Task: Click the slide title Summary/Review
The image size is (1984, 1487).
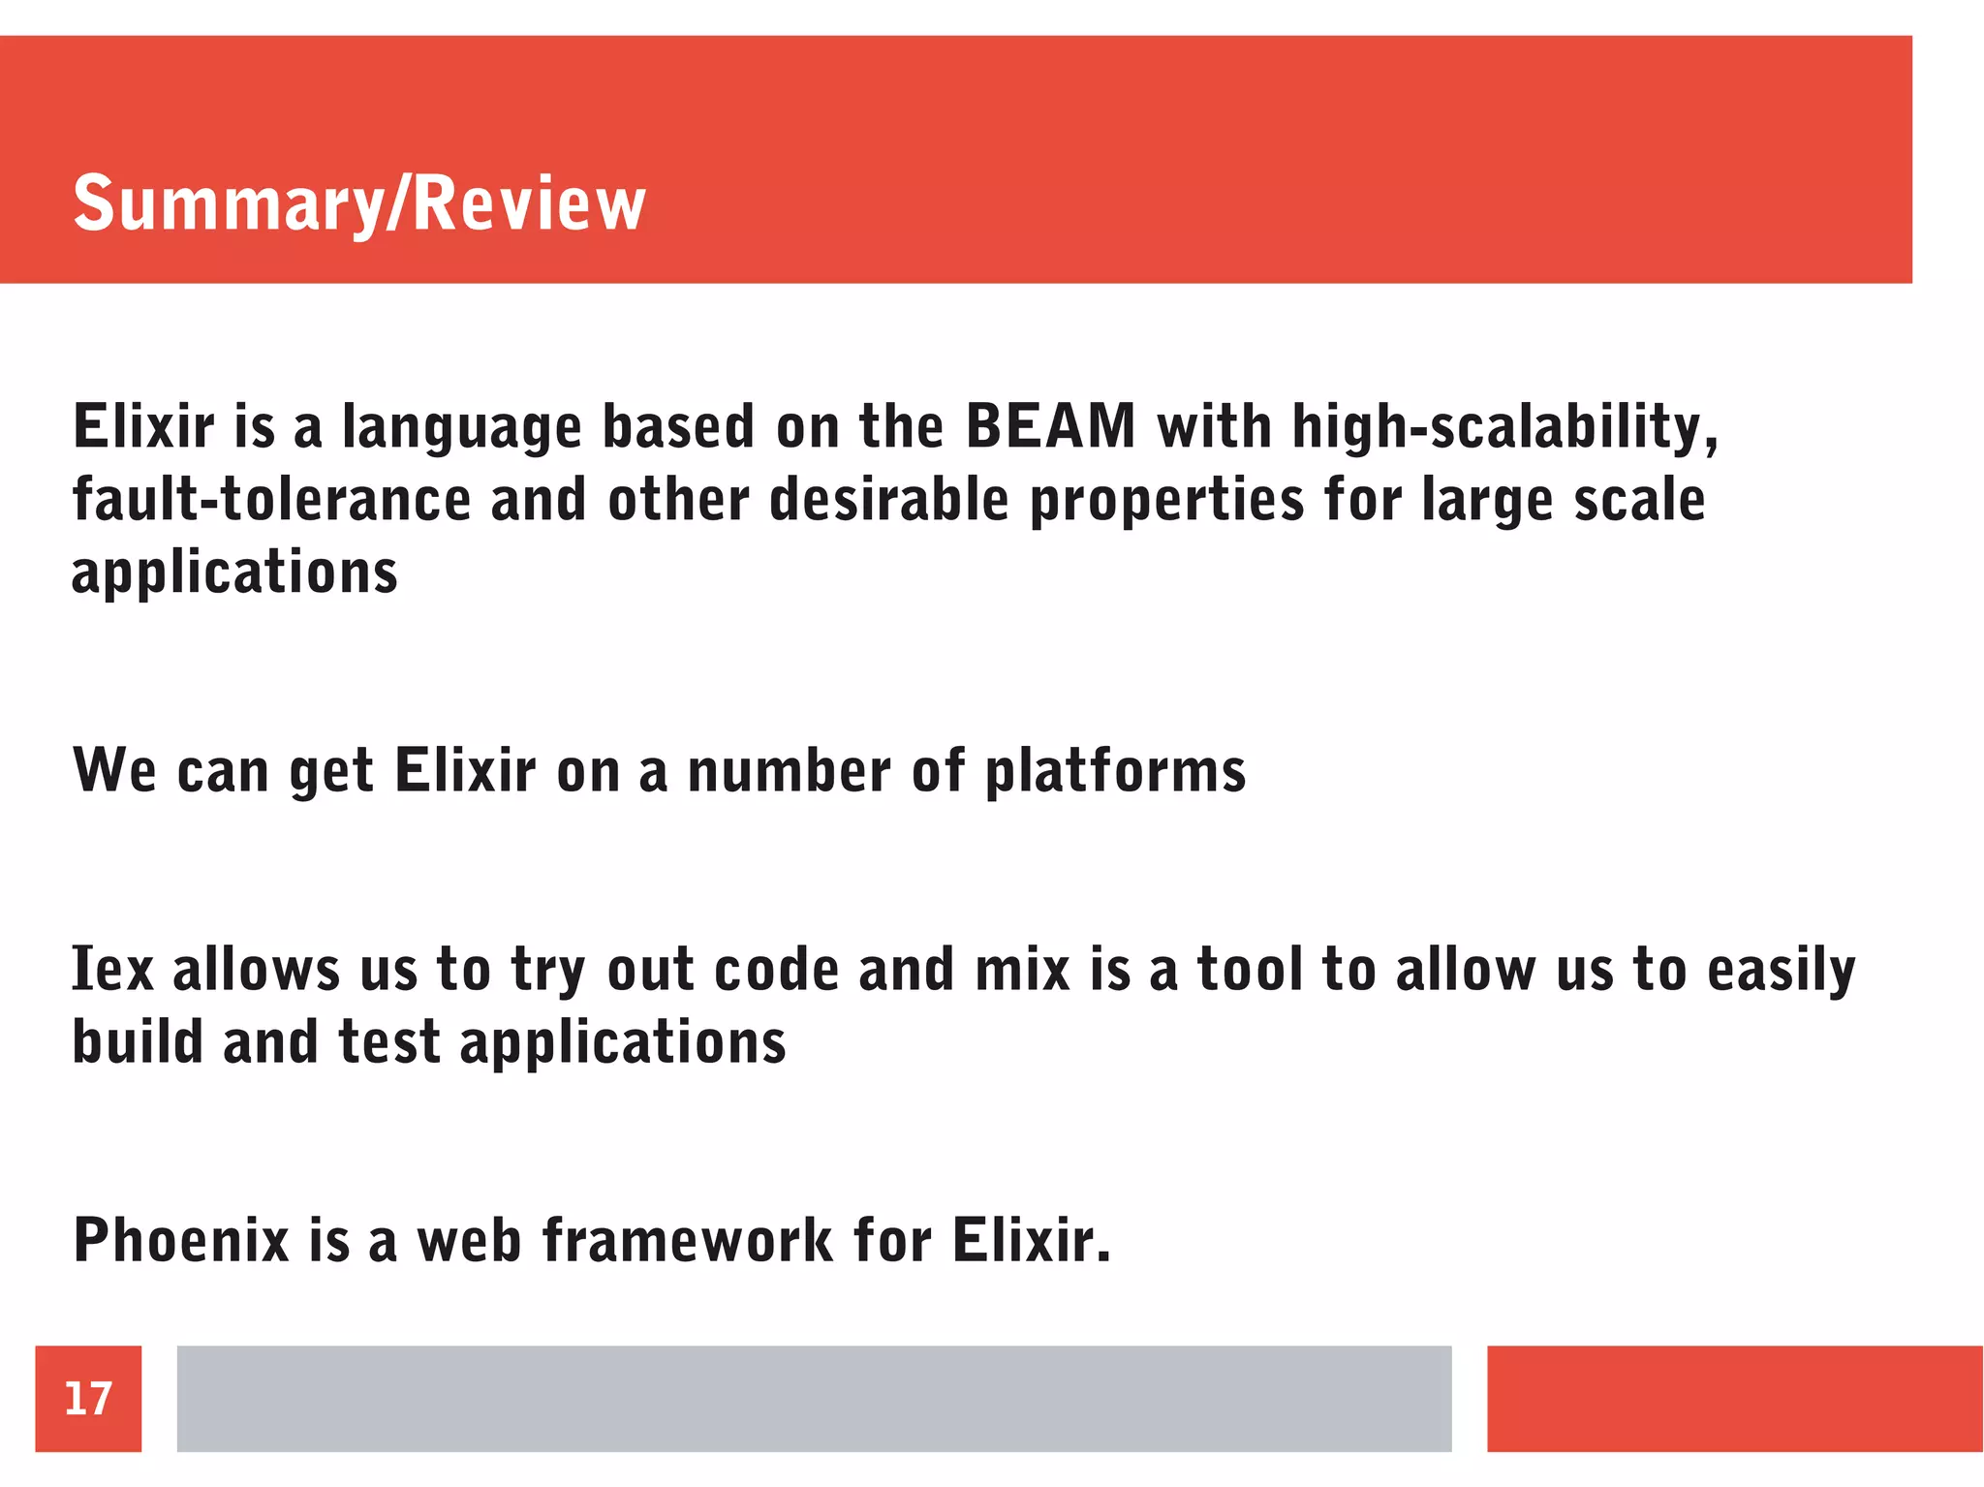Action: coord(359,203)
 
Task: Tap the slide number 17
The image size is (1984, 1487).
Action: coord(88,1399)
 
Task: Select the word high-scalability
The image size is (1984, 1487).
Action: coord(1504,427)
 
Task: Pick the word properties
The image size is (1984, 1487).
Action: coord(1166,502)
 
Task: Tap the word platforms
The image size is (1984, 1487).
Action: coord(1115,772)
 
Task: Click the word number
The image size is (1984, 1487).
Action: coord(789,771)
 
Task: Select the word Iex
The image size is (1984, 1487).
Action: coord(112,969)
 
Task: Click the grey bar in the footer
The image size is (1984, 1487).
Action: coord(814,1398)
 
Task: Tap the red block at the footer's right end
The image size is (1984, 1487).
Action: coord(1734,1398)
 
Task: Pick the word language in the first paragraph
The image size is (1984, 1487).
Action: coord(461,428)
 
